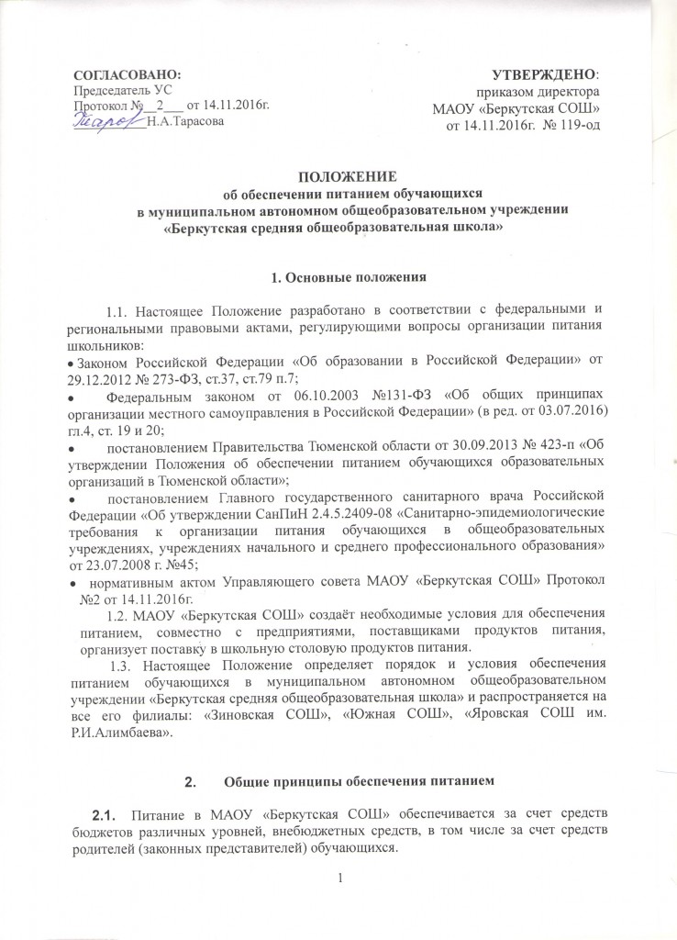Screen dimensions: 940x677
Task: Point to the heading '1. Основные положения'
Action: (x=338, y=275)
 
